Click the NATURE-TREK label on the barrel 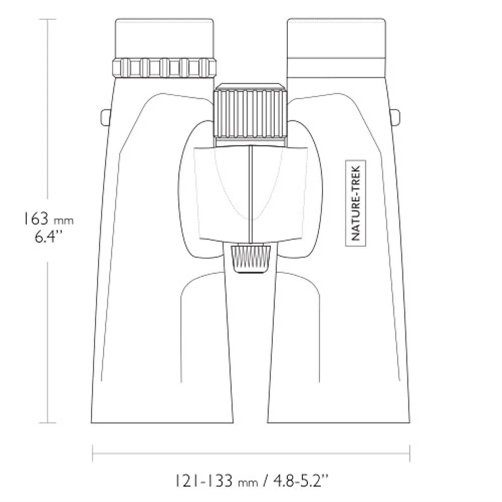[x=356, y=203]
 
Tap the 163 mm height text [x=48, y=219]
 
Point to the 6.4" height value [x=48, y=237]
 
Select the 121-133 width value [x=203, y=481]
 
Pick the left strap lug [x=105, y=117]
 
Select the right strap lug [x=396, y=117]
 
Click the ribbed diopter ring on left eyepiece [x=164, y=68]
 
